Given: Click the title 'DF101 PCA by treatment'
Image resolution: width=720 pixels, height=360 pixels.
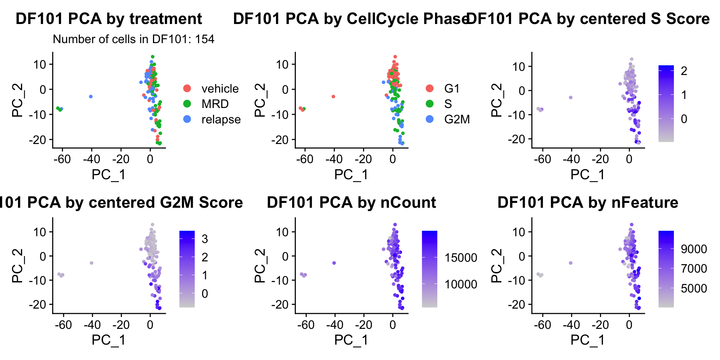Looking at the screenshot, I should tap(109, 19).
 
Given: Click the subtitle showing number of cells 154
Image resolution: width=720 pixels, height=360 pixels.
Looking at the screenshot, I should tap(133, 39).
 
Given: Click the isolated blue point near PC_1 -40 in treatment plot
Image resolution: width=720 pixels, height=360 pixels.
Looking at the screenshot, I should tap(91, 97).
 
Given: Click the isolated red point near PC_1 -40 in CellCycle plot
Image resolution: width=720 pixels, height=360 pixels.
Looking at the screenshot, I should tap(333, 97).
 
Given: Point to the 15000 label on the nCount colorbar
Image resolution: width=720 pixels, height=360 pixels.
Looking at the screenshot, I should tap(461, 258).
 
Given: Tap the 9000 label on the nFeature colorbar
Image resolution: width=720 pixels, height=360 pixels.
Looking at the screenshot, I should tap(694, 249).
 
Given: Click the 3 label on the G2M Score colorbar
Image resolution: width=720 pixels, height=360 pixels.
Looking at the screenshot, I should tap(205, 239).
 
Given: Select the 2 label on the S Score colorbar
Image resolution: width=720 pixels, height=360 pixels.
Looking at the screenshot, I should tap(684, 71).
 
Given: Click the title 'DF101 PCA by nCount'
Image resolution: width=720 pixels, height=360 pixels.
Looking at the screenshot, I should tap(351, 202).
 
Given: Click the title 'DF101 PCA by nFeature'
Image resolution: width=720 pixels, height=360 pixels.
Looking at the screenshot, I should tap(588, 202).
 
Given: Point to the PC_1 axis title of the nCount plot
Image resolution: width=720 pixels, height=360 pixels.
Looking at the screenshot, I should tap(351, 340).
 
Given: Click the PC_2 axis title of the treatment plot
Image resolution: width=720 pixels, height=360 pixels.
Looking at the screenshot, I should tap(18, 100).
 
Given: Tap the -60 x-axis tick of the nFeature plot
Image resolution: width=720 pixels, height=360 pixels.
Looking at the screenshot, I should tap(542, 324).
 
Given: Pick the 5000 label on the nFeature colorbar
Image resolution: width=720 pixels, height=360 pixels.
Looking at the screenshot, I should tap(694, 288).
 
